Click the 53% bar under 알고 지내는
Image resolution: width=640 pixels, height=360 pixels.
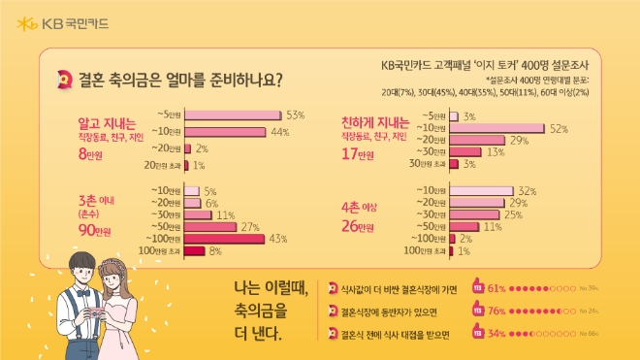tap(232, 115)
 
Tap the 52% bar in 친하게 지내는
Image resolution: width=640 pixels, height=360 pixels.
tap(496, 128)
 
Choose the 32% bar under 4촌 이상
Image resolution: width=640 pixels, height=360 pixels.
tap(483, 189)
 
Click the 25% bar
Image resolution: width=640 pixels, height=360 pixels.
tap(475, 213)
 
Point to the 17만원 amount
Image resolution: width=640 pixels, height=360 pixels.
tap(357, 154)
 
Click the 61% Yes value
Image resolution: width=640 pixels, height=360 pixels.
tap(496, 288)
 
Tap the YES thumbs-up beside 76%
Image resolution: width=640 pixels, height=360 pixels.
tap(476, 311)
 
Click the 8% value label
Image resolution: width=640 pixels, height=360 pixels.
tap(215, 251)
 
